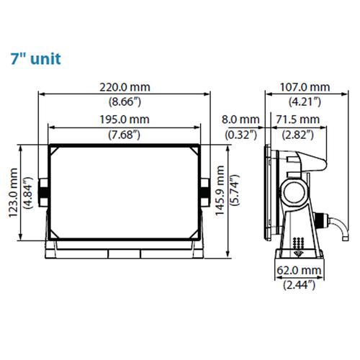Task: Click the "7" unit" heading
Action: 36,59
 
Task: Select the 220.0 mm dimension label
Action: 125,87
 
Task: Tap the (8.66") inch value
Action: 125,102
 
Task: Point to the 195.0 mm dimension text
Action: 125,120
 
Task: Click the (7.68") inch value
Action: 124,135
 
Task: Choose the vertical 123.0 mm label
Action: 13,193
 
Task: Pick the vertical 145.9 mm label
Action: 220,190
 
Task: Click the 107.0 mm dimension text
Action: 305,87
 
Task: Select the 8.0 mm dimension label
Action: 240,120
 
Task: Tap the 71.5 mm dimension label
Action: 297,120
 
